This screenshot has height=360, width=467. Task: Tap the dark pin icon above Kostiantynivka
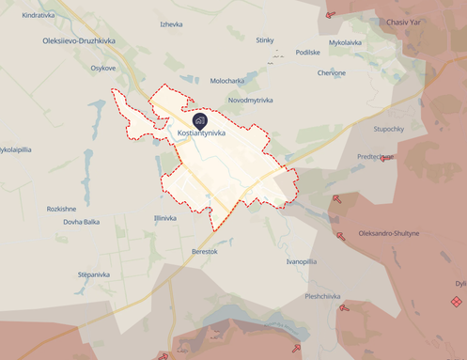pos(200,120)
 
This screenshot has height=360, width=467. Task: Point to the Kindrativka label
pos(39,16)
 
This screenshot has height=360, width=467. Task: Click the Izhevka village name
pos(171,23)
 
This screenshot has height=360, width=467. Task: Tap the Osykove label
pos(103,68)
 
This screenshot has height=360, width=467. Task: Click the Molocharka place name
pos(227,81)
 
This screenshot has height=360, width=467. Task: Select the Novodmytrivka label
pos(250,100)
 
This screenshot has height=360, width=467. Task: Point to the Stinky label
pos(265,39)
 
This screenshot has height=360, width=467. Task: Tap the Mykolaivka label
pos(345,42)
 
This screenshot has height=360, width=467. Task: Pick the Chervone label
pos(332,72)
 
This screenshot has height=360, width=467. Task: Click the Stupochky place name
pos(388,128)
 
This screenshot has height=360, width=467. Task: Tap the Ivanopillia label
pos(302,261)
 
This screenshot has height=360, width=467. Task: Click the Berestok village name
pos(204,252)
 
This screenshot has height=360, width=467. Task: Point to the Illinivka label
pos(164,218)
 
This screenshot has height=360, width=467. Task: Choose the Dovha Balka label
pos(82,222)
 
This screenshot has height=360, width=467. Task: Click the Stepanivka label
pos(94,274)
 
